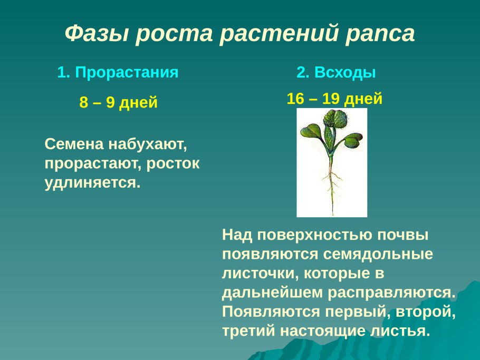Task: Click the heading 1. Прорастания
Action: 118,73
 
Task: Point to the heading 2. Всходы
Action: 336,73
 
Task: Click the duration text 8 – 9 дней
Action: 119,102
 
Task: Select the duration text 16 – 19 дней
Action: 334,99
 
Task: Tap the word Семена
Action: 74,144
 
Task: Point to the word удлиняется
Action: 93,183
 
